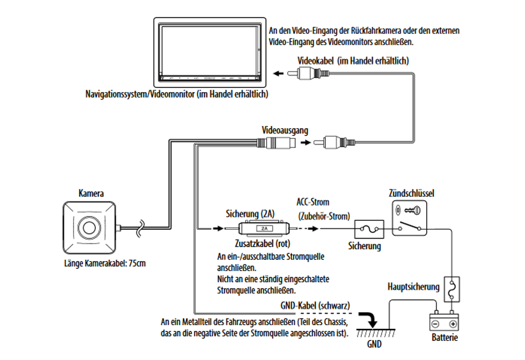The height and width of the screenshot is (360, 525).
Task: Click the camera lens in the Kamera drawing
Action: (x=88, y=226)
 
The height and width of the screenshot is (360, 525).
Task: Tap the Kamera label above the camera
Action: (x=91, y=194)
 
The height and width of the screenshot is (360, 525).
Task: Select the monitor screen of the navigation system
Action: (x=212, y=50)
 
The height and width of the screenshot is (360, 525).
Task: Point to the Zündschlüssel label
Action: (x=411, y=193)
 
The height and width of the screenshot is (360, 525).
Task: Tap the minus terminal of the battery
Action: (x=436, y=324)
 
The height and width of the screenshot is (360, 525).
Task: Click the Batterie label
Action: (x=444, y=338)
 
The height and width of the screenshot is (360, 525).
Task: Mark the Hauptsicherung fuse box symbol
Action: (x=451, y=291)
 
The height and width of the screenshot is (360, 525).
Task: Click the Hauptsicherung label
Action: (x=413, y=286)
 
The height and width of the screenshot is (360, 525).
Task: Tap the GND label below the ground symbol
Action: (x=374, y=343)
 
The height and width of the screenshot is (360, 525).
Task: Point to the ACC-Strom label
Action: (x=313, y=202)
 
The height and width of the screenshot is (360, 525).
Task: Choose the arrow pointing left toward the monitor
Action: (x=278, y=74)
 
